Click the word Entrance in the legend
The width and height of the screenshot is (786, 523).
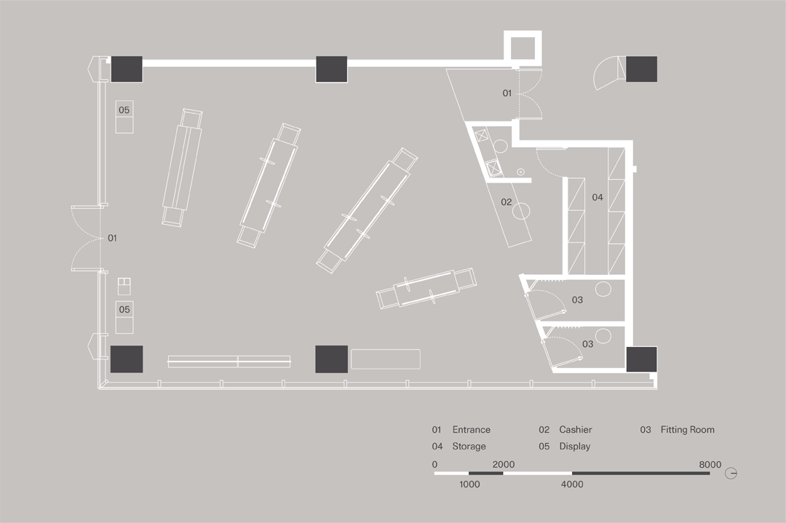[471, 430]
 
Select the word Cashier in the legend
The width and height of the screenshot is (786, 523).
[575, 430]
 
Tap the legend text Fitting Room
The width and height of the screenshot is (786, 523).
[687, 430]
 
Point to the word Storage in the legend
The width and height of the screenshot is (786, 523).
[469, 447]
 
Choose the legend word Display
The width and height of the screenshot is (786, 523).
[574, 447]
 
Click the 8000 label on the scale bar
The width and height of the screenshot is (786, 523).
[710, 465]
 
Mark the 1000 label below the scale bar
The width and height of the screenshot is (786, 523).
[469, 484]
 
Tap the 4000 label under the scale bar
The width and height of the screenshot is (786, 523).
[572, 484]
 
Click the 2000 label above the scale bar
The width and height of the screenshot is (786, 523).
[503, 465]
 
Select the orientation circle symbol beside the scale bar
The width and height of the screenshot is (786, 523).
[731, 474]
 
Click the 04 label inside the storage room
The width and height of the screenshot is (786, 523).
[598, 197]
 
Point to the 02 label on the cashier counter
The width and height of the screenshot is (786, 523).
[506, 202]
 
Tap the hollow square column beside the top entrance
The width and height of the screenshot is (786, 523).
[524, 48]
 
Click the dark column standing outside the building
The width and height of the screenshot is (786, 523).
[641, 69]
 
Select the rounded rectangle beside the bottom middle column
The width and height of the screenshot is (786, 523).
[386, 359]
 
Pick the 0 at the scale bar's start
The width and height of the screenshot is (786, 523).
[434, 465]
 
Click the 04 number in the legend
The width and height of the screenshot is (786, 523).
[437, 447]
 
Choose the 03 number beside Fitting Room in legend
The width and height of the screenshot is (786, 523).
[646, 430]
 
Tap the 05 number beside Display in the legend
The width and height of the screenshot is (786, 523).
[544, 447]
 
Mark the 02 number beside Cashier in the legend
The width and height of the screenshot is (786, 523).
[544, 430]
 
